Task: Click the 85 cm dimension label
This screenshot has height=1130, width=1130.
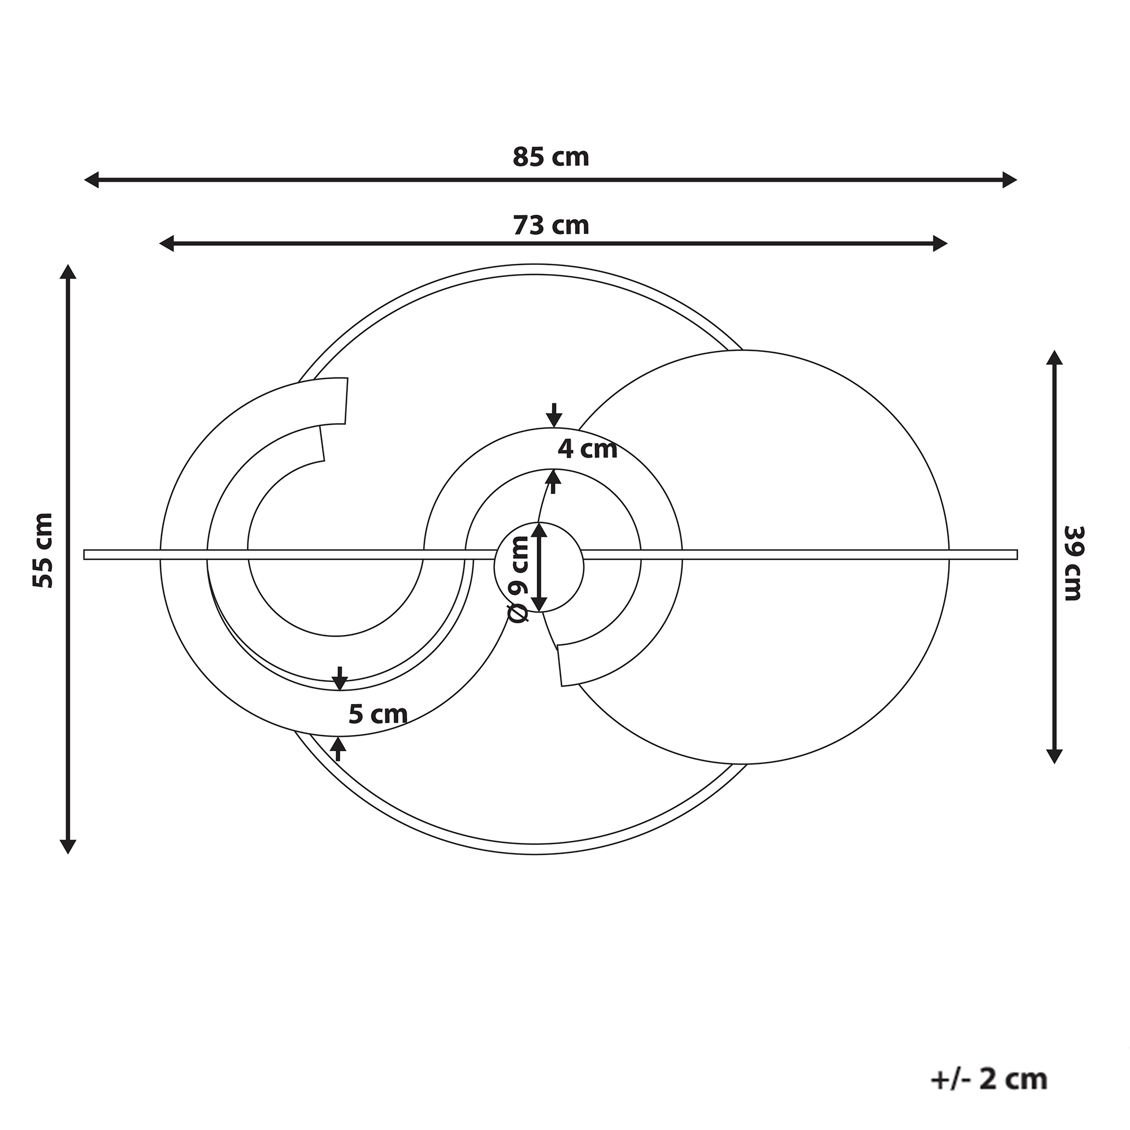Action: coord(550,157)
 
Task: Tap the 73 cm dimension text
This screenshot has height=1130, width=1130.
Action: coord(550,225)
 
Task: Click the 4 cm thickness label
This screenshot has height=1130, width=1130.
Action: coord(587,449)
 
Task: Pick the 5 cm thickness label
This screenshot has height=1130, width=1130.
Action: coord(378,714)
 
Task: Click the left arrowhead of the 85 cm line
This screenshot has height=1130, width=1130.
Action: coord(91,180)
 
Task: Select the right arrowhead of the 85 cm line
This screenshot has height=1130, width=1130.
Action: coord(1010,180)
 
